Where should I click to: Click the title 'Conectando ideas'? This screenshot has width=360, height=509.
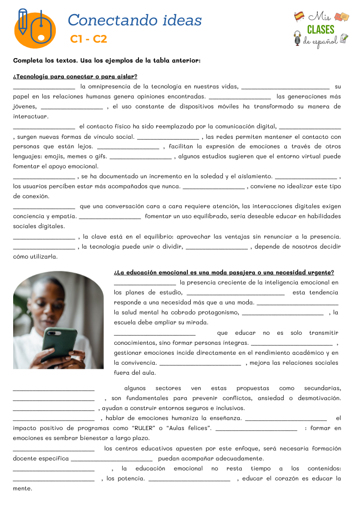pyautogui.click(x=134, y=20)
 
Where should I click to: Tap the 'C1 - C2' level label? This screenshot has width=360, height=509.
pyautogui.click(x=89, y=39)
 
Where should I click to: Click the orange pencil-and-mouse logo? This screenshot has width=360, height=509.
pyautogui.click(x=35, y=29)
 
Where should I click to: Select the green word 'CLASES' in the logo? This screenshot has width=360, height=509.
pyautogui.click(x=321, y=29)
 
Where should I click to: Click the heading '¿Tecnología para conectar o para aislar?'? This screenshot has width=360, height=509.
pyautogui.click(x=75, y=76)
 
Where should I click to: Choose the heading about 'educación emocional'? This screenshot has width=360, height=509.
pyautogui.click(x=224, y=273)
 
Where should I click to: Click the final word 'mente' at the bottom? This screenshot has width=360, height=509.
pyautogui.click(x=23, y=489)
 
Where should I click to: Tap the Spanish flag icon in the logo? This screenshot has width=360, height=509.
pyautogui.click(x=299, y=16)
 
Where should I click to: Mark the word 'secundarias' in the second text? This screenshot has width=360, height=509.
pyautogui.click(x=322, y=388)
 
